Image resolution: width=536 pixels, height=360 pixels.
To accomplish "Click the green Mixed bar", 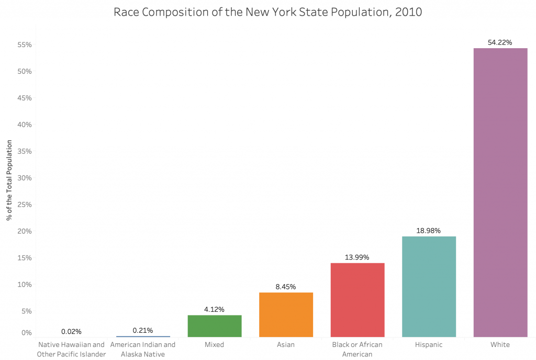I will click(215, 326).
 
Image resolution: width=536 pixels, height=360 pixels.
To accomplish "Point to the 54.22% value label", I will click(500, 42).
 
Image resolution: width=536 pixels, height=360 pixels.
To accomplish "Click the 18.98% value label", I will click(429, 231).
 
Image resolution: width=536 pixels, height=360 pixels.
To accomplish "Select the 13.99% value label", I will click(358, 257).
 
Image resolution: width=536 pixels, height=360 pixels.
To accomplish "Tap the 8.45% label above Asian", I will click(286, 287).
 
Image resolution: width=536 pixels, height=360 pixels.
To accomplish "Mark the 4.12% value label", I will click(215, 309).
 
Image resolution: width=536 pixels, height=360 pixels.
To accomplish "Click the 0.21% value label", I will click(143, 330).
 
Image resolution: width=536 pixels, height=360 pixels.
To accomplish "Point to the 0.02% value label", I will click(71, 331).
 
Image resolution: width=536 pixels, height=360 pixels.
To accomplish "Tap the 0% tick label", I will click(27, 333).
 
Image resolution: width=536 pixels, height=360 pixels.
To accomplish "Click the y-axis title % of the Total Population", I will click(9, 178).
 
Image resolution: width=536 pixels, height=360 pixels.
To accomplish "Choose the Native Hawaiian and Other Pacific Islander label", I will click(71, 350).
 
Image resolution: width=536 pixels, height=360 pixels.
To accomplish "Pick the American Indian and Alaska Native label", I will click(143, 350).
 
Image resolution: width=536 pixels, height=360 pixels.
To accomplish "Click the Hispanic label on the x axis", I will click(429, 345).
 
